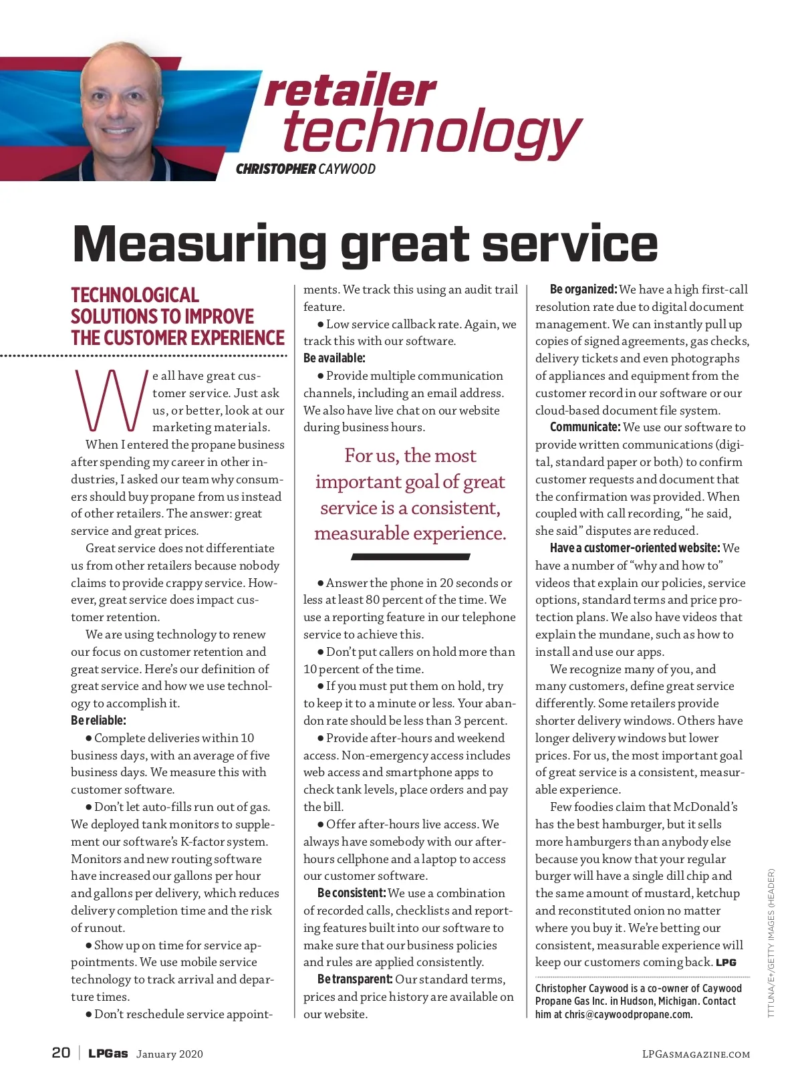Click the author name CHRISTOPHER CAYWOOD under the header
305,169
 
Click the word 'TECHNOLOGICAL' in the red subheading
135,295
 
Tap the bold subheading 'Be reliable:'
98,721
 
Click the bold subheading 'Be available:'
334,358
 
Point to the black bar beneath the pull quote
410,556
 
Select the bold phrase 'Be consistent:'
352,893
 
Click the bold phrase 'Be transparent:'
355,979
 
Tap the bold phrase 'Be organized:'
583,289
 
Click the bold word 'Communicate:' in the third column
585,427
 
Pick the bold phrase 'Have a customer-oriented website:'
634,548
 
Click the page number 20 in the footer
61,1053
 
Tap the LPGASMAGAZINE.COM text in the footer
696,1054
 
